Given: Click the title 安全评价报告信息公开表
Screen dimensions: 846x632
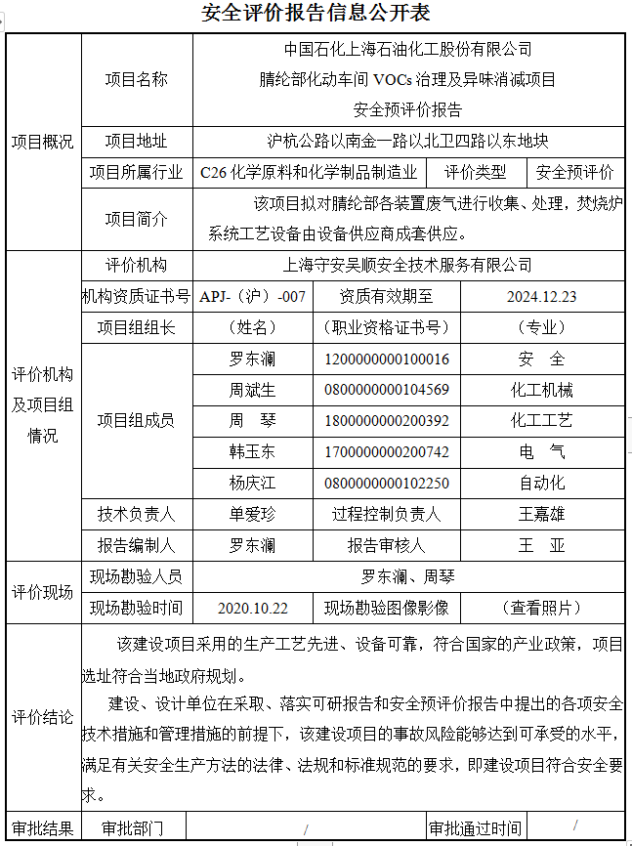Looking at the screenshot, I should (315, 13).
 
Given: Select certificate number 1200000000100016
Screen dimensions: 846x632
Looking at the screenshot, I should (387, 359).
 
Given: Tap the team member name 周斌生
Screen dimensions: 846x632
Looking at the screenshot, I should (252, 390).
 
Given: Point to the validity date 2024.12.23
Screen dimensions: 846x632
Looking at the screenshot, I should (541, 296).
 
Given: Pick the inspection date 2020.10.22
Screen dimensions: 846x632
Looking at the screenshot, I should (252, 607).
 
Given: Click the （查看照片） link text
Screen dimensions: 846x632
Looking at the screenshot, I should (541, 607).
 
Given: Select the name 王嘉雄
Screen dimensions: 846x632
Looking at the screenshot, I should (541, 514).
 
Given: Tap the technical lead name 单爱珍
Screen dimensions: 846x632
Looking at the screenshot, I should (252, 514).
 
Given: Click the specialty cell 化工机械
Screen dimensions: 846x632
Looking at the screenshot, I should (541, 390).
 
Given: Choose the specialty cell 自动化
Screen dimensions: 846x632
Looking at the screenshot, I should (541, 483).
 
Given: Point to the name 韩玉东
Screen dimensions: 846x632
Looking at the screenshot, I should (252, 451).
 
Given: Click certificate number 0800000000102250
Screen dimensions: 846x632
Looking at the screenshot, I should (387, 483).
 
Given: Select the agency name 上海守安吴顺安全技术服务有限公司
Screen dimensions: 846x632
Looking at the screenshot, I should (407, 265).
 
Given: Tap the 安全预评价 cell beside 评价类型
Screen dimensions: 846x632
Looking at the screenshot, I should (575, 173).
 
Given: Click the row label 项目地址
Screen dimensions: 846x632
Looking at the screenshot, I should (136, 142).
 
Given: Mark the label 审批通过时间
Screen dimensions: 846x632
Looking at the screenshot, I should (476, 828).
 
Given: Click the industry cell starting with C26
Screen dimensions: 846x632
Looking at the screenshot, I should (309, 173).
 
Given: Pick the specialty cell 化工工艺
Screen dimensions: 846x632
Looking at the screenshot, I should (541, 421).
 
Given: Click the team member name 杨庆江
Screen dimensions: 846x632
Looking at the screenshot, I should (252, 483).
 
